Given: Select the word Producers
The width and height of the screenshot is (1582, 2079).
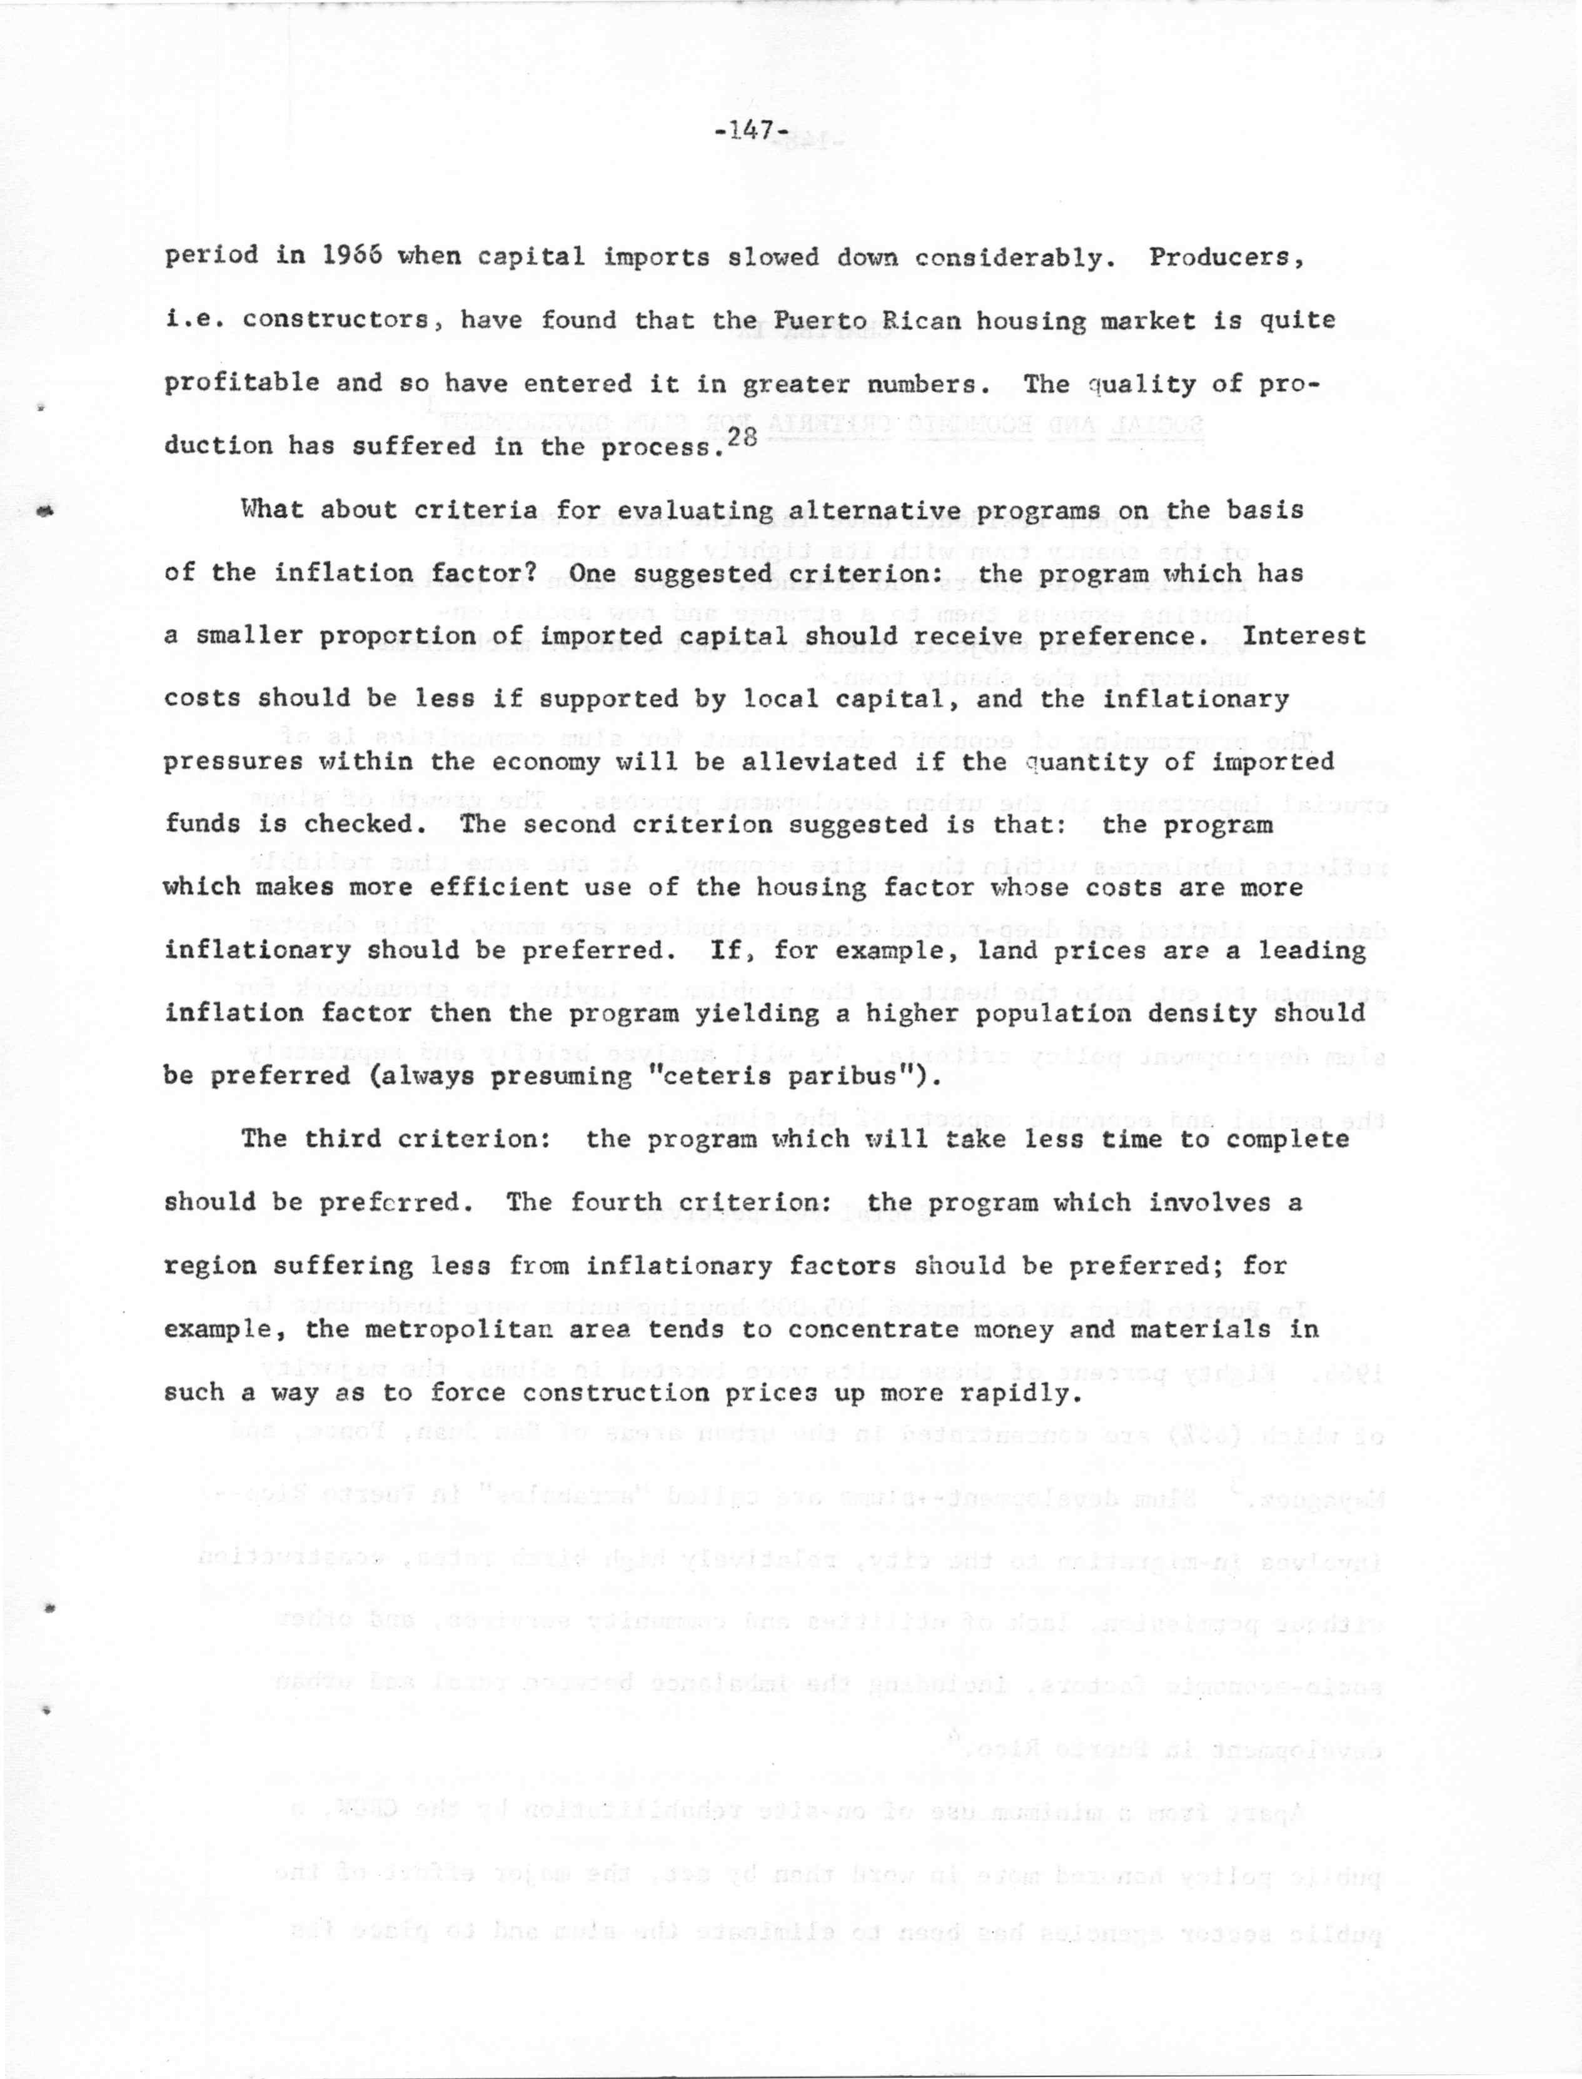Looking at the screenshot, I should (x=1225, y=257).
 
